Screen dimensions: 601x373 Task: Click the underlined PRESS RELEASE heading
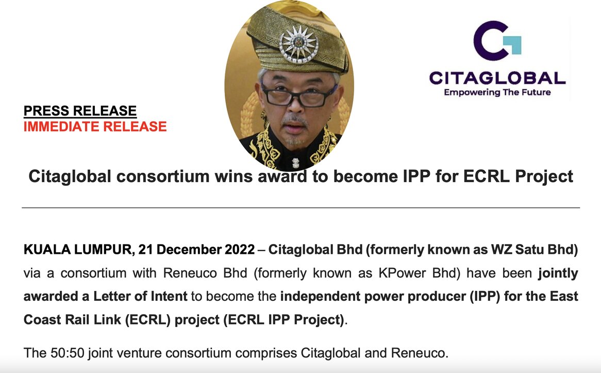[80, 111]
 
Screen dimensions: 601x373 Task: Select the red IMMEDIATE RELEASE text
[95, 126]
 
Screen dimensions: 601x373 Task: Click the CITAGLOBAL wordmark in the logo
[497, 78]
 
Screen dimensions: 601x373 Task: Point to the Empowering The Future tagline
[497, 92]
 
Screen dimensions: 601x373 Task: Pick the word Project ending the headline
[544, 176]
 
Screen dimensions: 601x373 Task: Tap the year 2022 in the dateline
[240, 249]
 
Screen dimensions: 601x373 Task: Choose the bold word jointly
[558, 273]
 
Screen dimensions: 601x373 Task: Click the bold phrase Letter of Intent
[140, 296]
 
